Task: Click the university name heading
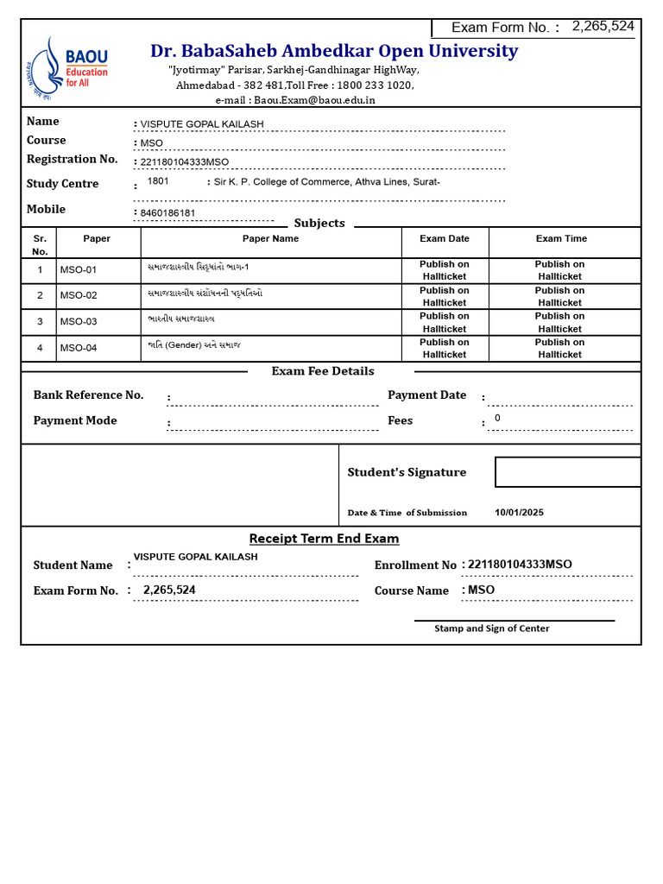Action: [334, 51]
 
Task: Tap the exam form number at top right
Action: [603, 26]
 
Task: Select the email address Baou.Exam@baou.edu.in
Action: [314, 100]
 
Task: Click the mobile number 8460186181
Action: [167, 213]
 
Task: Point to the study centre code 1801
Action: [158, 182]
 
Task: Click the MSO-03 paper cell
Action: [79, 322]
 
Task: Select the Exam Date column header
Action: [445, 238]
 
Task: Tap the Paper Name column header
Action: [270, 238]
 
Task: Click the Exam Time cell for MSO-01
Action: [559, 270]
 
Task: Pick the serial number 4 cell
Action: [40, 348]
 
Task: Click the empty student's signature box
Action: [567, 472]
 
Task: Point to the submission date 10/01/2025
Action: [519, 512]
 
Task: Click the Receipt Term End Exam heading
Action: [324, 539]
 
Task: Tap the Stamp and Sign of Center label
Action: [491, 628]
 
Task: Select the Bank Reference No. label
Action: [88, 395]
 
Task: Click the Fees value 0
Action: [497, 419]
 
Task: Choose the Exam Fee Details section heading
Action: [323, 371]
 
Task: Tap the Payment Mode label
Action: [75, 420]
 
